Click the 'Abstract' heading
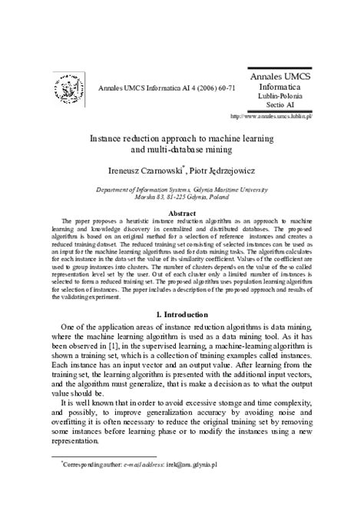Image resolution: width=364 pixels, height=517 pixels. coord(181,213)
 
